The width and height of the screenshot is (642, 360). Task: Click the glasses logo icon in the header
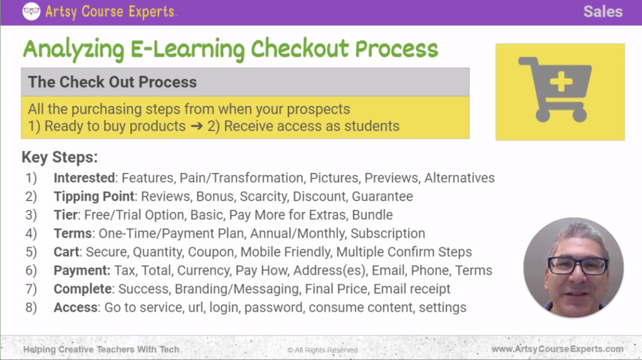(x=31, y=11)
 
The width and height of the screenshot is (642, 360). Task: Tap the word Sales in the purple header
(x=603, y=11)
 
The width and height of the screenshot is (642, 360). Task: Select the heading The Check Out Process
(x=112, y=82)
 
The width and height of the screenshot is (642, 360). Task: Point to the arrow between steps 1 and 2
(x=197, y=126)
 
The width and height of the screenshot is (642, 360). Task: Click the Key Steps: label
(x=60, y=157)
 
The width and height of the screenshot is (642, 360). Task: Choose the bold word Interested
(x=85, y=178)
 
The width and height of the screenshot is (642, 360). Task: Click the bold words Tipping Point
(x=95, y=196)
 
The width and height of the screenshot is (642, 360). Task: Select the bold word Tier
(x=66, y=215)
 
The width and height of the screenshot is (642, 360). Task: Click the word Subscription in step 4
(x=387, y=233)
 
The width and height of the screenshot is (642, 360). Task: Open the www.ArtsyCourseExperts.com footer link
(x=557, y=349)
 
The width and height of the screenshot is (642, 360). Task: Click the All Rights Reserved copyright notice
(x=322, y=350)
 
